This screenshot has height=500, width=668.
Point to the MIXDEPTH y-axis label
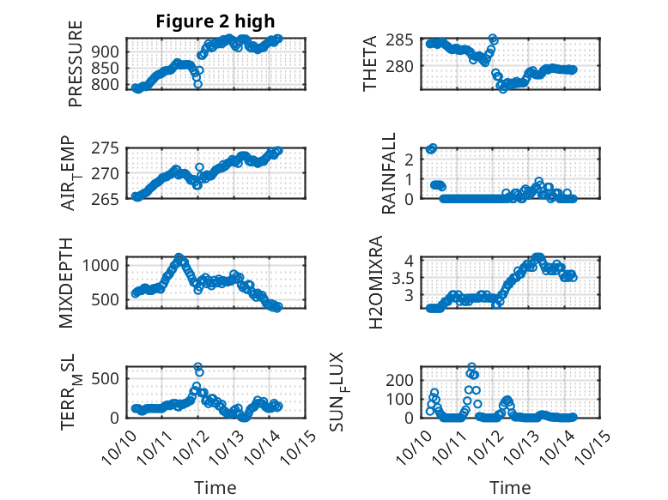(x=68, y=282)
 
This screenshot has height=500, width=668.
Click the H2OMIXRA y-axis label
(x=376, y=282)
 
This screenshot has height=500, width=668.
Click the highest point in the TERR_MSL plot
(x=198, y=367)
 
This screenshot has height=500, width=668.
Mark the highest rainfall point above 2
(x=433, y=148)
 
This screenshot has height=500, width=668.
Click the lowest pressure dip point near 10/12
(x=198, y=84)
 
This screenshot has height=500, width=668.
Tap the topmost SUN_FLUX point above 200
(x=471, y=367)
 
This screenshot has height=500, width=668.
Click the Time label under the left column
(x=216, y=488)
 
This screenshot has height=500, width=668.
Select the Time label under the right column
(x=511, y=488)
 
